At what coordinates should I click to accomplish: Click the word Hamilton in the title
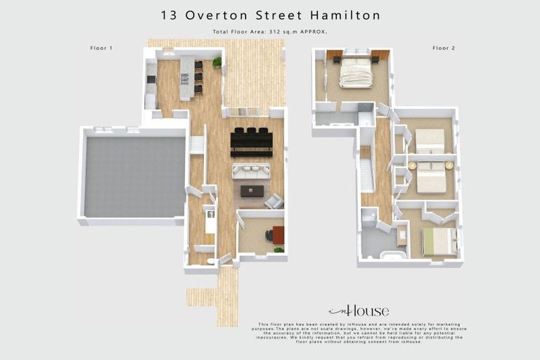[x=347, y=15]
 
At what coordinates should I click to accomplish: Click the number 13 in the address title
[x=168, y=15]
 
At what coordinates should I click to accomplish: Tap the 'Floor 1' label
[x=101, y=48]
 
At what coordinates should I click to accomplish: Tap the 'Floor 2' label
[x=444, y=48]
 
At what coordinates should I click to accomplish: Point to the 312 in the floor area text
[x=274, y=32]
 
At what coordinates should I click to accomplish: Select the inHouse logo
[x=358, y=311]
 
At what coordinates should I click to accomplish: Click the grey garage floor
[x=135, y=176]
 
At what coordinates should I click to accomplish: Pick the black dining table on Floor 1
[x=251, y=141]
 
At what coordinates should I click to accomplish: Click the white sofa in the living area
[x=251, y=171]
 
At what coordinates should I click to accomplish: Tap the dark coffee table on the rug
[x=252, y=191]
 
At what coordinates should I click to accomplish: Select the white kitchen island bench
[x=186, y=77]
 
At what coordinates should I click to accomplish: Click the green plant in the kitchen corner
[x=217, y=62]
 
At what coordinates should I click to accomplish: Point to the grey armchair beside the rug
[x=274, y=201]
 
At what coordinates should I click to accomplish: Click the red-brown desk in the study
[x=278, y=235]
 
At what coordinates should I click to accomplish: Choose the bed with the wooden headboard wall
[x=356, y=72]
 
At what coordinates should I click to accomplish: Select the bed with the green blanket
[x=440, y=242]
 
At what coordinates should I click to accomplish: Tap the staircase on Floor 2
[x=367, y=174]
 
